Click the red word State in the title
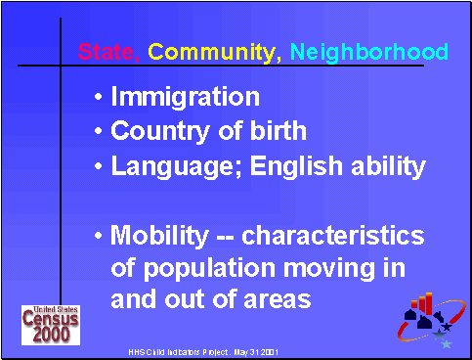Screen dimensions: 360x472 [x=108, y=52]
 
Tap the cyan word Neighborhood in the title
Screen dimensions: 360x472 [x=368, y=52]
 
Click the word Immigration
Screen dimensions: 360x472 [x=185, y=98]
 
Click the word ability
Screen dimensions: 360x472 [x=385, y=165]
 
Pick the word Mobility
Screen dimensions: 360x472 [x=160, y=237]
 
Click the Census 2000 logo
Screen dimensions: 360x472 [x=45, y=324]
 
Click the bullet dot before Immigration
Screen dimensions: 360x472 [x=101, y=99]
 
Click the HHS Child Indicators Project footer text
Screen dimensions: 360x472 [x=191, y=349]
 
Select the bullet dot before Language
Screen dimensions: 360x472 [x=101, y=166]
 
